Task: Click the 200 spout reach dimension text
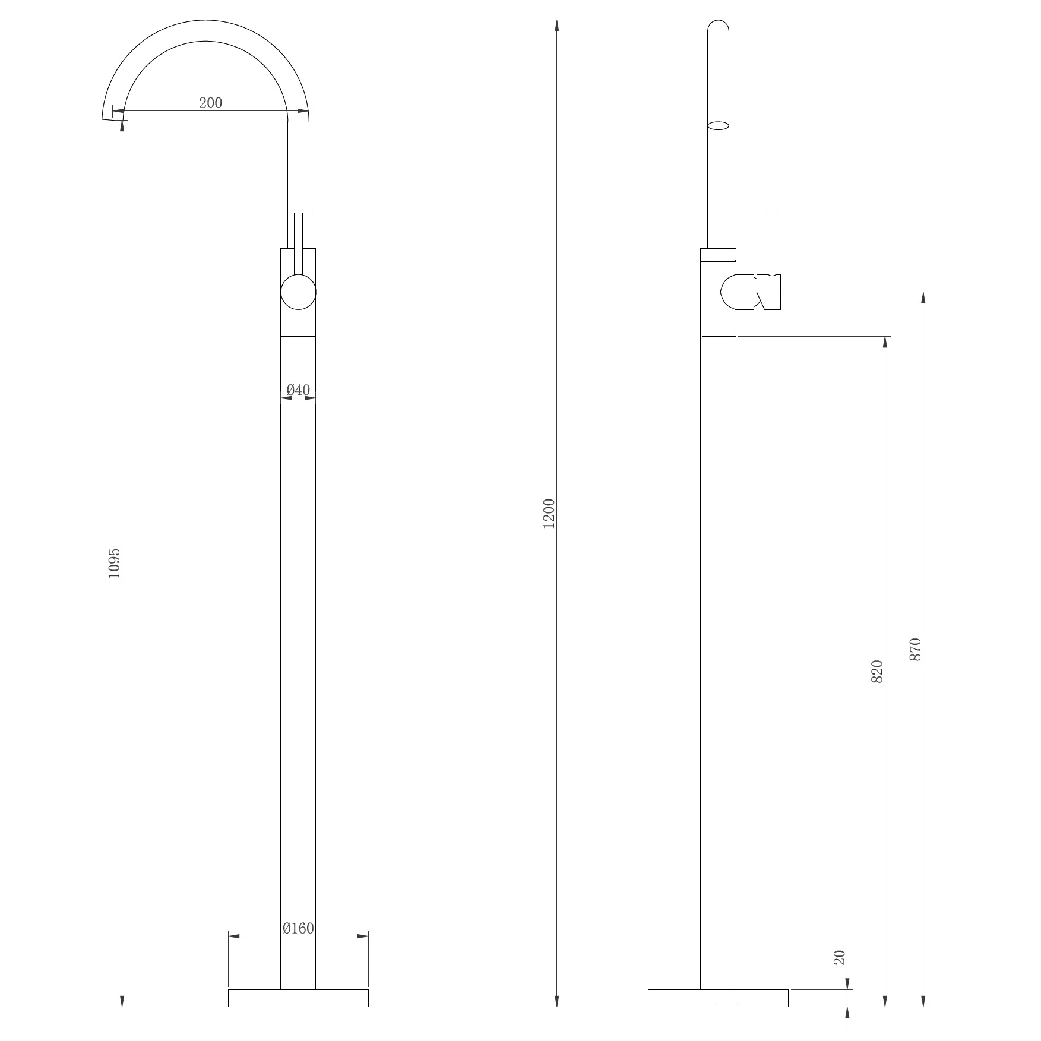[x=210, y=103]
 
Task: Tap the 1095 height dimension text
[x=114, y=564]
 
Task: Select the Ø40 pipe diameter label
[x=298, y=390]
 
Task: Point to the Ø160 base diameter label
[x=298, y=928]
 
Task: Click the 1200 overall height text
[x=549, y=514]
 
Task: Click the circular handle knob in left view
[x=298, y=292]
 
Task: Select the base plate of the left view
[x=298, y=998]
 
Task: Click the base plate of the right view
[x=718, y=998]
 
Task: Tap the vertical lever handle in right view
[x=772, y=243]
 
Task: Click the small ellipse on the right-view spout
[x=719, y=125]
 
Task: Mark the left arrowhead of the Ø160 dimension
[x=233, y=936]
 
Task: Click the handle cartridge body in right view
[x=738, y=292]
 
